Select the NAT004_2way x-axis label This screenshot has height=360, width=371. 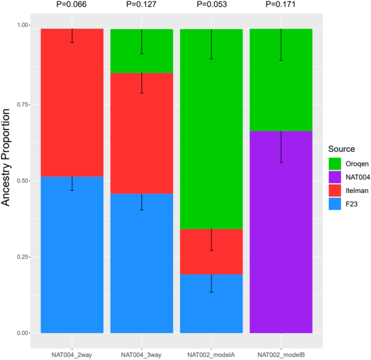pyautogui.click(x=72, y=353)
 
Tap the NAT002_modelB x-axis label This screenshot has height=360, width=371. pyautogui.click(x=281, y=353)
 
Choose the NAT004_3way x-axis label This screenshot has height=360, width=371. pyautogui.click(x=142, y=353)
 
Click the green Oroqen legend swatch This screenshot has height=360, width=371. pyautogui.click(x=335, y=163)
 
